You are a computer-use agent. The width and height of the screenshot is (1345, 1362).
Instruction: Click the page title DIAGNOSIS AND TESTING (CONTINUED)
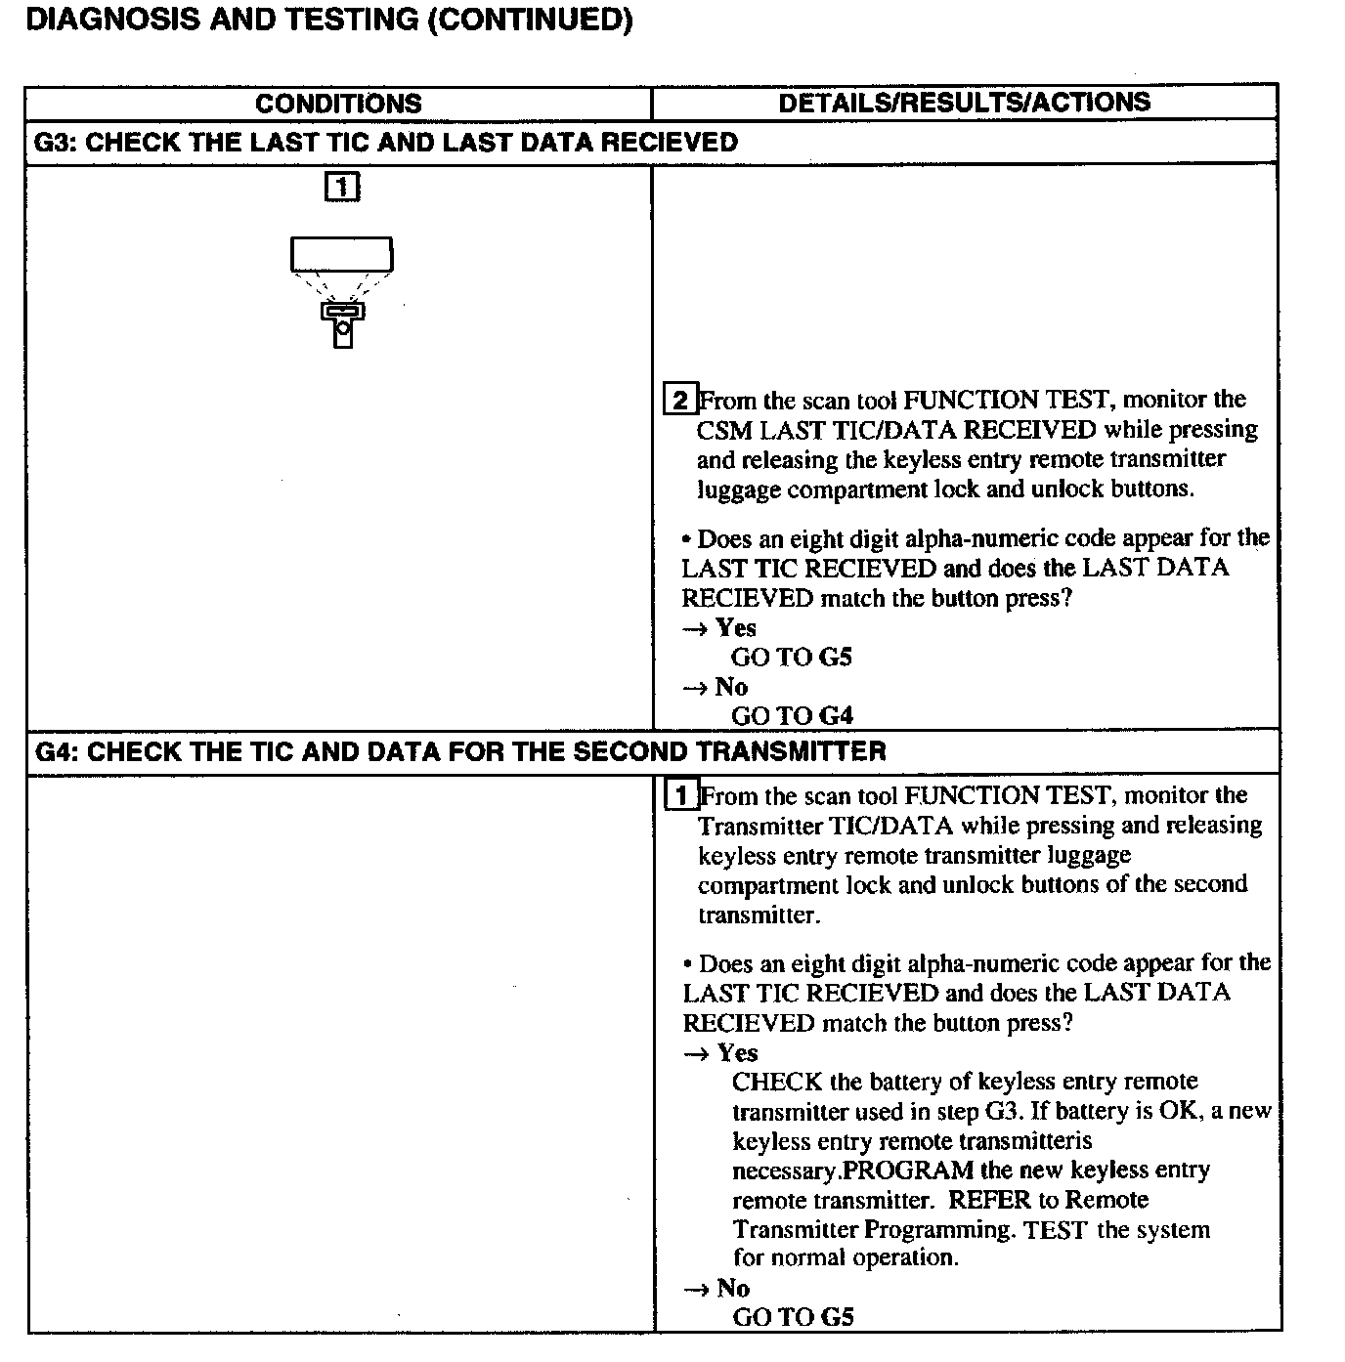pos(328,21)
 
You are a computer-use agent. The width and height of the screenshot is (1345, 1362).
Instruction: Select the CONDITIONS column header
pos(338,104)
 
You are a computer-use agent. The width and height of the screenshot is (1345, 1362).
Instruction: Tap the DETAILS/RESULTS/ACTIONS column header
pos(964,103)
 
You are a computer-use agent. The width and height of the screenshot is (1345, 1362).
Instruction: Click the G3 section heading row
pos(386,143)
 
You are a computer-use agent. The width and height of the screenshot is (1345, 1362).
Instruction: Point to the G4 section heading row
pos(460,751)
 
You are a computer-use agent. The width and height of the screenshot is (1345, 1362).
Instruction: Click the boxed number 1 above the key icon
pos(341,187)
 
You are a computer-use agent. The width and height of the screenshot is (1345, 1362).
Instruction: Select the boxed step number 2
pos(680,400)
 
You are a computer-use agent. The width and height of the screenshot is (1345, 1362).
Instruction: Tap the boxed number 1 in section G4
pos(681,795)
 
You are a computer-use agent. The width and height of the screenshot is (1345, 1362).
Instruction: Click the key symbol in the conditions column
pos(342,324)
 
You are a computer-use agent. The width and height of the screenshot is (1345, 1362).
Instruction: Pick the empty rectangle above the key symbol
pos(341,254)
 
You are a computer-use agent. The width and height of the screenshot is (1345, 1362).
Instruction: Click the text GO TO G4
pos(792,716)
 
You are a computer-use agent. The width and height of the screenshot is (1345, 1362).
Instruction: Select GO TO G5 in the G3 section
pos(791,657)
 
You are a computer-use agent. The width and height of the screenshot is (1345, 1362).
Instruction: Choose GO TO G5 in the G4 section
pos(793,1317)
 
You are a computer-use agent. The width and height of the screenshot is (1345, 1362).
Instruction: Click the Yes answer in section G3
pos(735,627)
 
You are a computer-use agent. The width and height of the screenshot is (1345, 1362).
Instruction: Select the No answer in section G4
pos(733,1288)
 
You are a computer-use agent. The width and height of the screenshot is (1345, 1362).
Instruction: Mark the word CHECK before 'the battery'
pos(776,1083)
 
